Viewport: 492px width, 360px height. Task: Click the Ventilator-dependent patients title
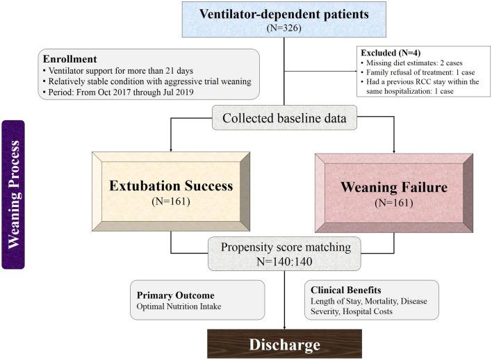(284, 14)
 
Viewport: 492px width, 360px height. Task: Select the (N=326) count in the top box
(284, 28)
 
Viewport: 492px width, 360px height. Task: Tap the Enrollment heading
(70, 59)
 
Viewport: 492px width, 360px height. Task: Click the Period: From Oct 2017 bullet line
(118, 92)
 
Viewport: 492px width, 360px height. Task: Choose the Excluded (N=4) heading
(391, 53)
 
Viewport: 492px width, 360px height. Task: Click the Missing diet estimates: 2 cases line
(411, 63)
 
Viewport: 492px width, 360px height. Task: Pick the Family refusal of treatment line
(418, 72)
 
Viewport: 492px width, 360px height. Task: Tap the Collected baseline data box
(285, 117)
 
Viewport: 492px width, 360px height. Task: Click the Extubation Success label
(171, 186)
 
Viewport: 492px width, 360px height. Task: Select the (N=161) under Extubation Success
(171, 201)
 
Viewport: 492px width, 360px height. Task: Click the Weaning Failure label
(394, 187)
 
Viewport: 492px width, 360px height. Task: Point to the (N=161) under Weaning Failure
(394, 203)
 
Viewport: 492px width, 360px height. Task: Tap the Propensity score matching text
(286, 247)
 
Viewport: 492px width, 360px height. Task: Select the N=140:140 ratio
(284, 261)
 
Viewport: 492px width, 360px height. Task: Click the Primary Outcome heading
(176, 295)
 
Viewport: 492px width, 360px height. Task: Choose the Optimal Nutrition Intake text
(179, 306)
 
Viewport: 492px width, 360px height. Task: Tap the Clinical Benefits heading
(346, 290)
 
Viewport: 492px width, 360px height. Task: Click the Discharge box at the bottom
(285, 344)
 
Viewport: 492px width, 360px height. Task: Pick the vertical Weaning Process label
(13, 195)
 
